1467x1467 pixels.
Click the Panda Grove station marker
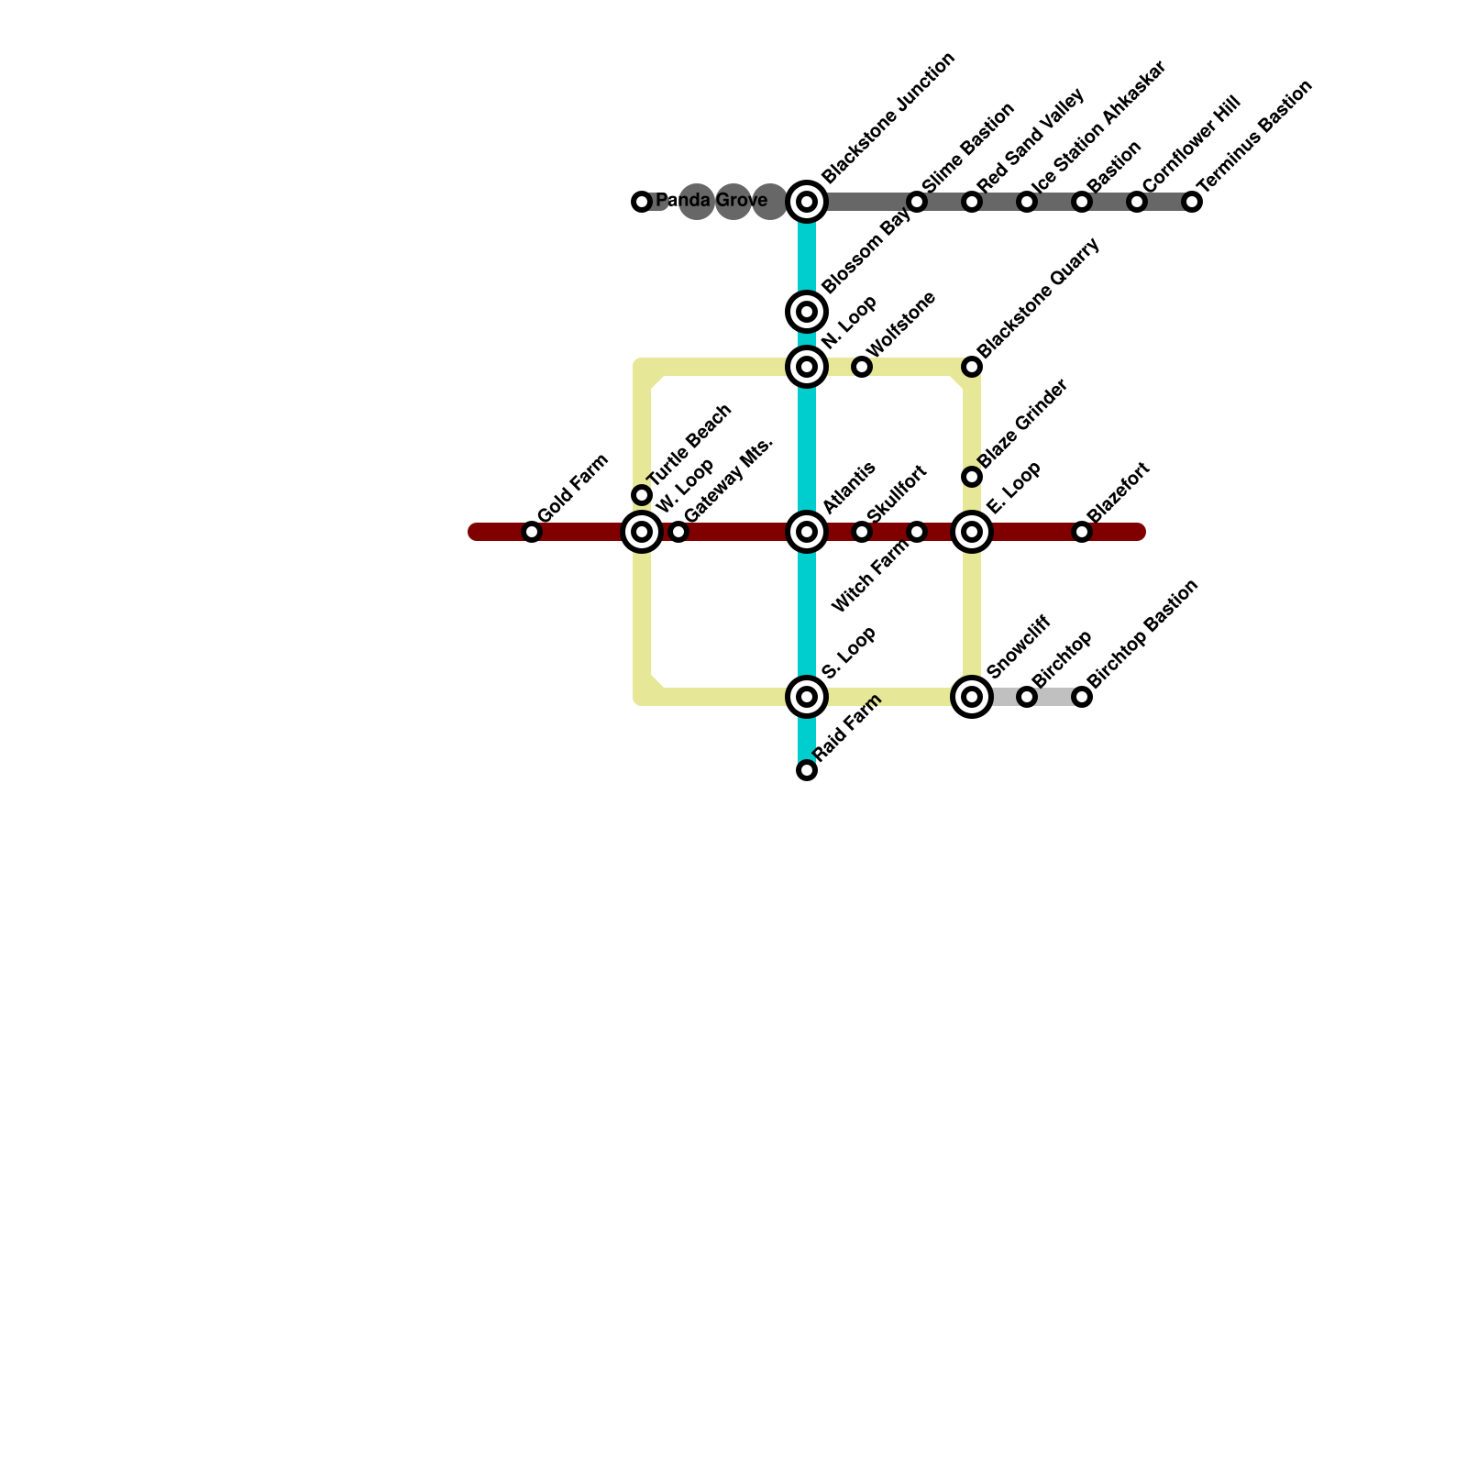(x=642, y=202)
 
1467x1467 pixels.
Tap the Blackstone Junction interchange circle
(x=807, y=202)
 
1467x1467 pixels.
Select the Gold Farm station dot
(x=532, y=532)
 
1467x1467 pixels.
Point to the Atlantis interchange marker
(x=807, y=532)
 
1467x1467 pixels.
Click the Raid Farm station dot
(x=807, y=770)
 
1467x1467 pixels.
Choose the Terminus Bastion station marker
(x=1192, y=202)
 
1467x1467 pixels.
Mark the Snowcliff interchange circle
(x=972, y=697)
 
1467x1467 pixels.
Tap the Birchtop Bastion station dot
(x=1082, y=697)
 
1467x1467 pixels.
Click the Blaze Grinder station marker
(x=972, y=477)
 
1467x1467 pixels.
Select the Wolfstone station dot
(x=862, y=367)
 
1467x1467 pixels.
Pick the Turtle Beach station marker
(x=642, y=495)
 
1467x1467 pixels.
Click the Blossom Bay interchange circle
(x=807, y=312)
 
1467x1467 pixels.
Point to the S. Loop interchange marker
(x=807, y=697)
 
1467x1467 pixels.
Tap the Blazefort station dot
(x=1082, y=532)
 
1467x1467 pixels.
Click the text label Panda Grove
(x=711, y=201)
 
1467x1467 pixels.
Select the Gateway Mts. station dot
(x=678, y=532)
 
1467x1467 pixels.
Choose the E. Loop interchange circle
(x=972, y=532)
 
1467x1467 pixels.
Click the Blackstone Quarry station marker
(x=972, y=367)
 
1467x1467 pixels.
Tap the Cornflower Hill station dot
(x=1137, y=202)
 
